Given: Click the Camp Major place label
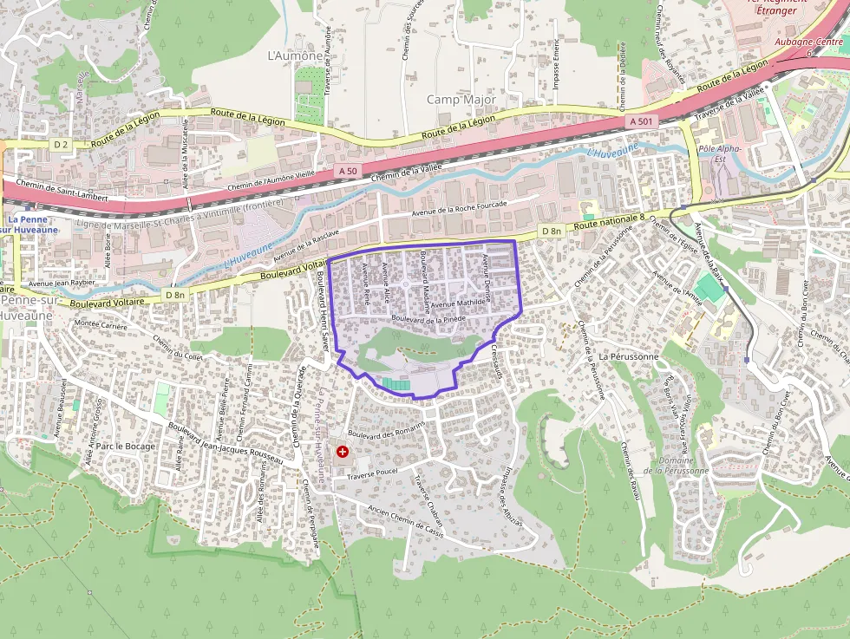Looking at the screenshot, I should (x=461, y=100).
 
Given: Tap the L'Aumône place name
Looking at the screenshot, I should (x=295, y=55).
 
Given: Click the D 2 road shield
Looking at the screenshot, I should (x=60, y=145).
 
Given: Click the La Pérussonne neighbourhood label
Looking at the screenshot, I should (x=629, y=356).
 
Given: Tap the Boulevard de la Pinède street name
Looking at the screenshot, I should (x=428, y=319).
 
